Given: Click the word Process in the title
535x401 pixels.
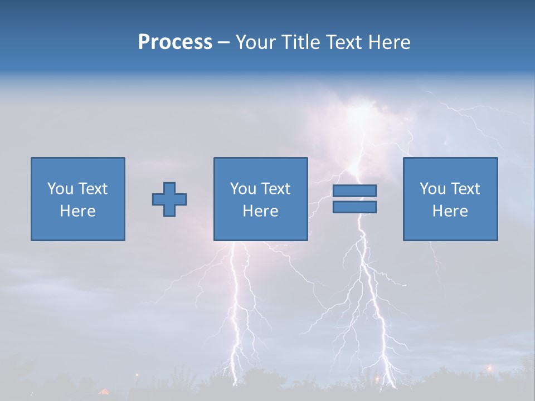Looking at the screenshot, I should pos(175,42).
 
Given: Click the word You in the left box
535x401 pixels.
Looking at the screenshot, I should pos(60,189).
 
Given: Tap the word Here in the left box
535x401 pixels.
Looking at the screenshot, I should pos(77,211).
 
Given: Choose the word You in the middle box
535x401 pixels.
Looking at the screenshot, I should pos(243,189).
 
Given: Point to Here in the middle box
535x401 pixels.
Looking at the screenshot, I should pos(260,211).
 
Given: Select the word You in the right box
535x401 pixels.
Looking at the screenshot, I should pos(432,189).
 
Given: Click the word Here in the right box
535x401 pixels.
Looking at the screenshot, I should pos(450,211).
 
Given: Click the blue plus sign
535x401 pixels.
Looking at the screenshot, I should pos(169,199).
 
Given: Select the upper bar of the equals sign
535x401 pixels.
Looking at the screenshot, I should pos(354,190).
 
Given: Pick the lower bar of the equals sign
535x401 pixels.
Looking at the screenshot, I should pos(354,207).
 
